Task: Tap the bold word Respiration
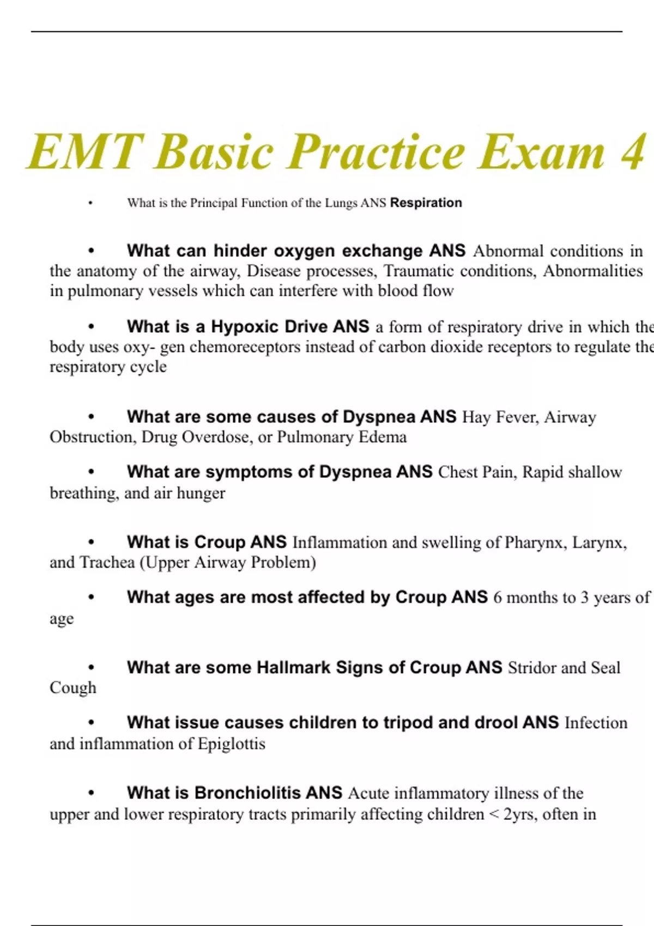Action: click(x=426, y=203)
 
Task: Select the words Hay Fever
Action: click(x=500, y=417)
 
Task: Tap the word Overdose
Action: click(x=216, y=437)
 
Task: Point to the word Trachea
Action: click(x=107, y=563)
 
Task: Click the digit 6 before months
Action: click(x=498, y=598)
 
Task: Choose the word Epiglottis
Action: click(x=231, y=744)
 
